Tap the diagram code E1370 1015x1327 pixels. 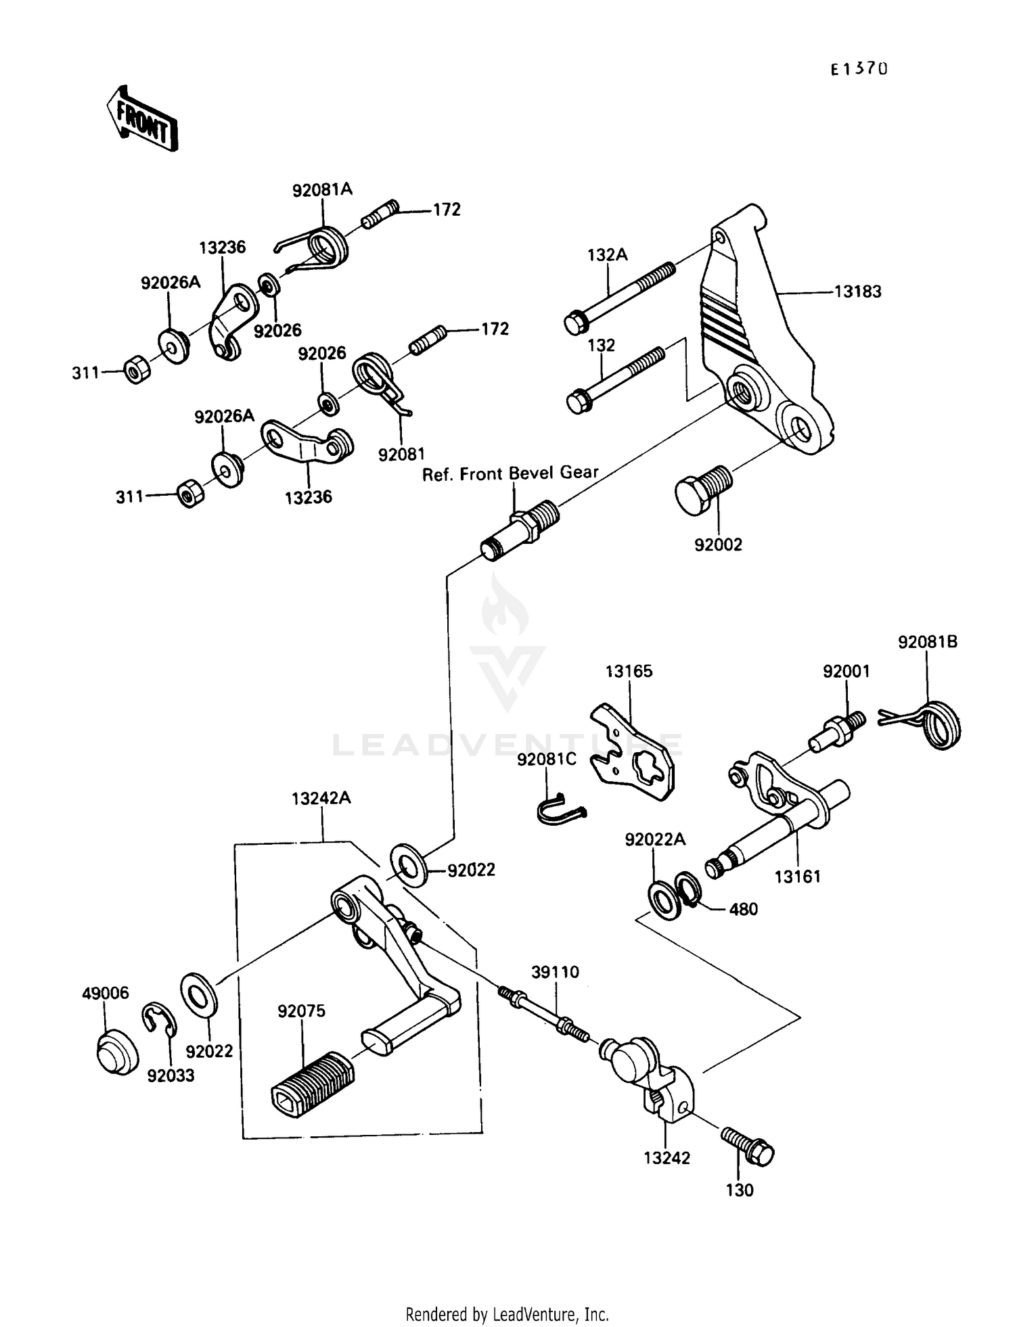click(x=859, y=69)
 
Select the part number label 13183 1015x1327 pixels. click(x=857, y=292)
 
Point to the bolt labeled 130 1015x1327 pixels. click(x=747, y=1146)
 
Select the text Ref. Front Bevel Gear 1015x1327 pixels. click(x=510, y=473)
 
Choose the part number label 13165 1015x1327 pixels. click(x=629, y=672)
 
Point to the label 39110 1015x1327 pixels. click(x=555, y=972)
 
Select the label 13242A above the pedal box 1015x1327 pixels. click(x=321, y=798)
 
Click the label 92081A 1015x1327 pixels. click(x=322, y=190)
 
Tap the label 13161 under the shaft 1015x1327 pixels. click(x=797, y=877)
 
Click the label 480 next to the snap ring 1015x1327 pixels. click(x=743, y=909)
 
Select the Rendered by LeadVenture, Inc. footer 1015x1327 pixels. click(x=507, y=1314)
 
